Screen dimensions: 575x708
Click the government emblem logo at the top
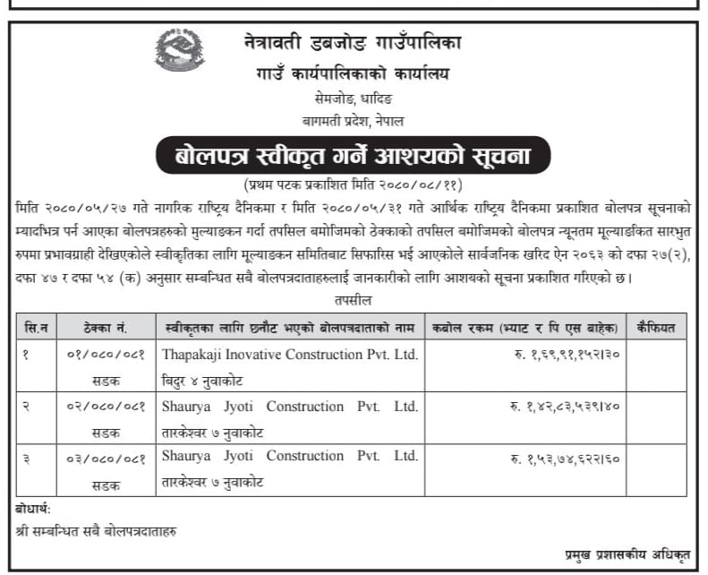click(x=179, y=50)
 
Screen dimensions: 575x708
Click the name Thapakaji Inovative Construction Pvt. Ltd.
click(x=290, y=354)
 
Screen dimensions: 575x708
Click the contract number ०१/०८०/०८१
click(x=106, y=354)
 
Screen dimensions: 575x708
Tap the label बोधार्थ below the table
click(x=34, y=509)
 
